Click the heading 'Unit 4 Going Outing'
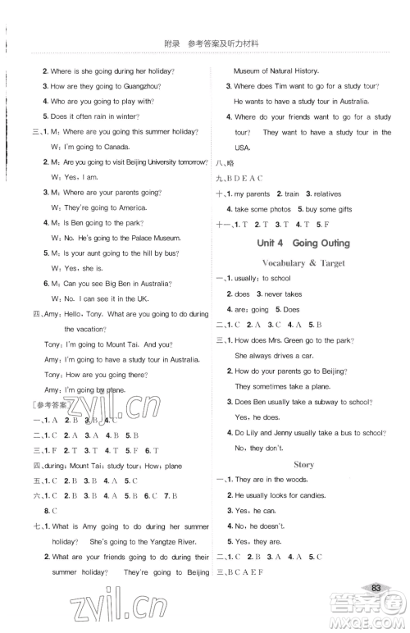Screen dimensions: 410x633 303,243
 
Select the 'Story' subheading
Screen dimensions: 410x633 303,464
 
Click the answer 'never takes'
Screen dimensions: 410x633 283,294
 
